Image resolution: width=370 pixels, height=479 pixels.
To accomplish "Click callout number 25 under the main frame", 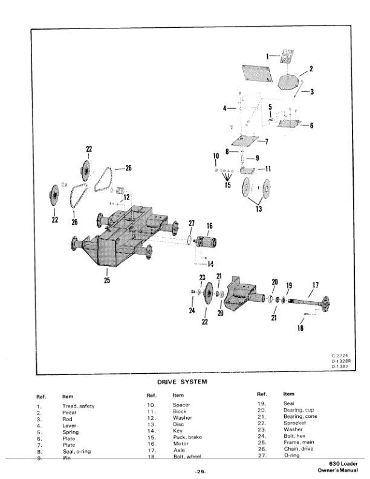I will [106, 281].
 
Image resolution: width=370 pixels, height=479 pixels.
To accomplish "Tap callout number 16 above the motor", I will [209, 226].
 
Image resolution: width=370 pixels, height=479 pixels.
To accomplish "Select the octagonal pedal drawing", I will [291, 80].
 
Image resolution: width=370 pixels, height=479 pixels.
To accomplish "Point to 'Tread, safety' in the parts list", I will [79, 406].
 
